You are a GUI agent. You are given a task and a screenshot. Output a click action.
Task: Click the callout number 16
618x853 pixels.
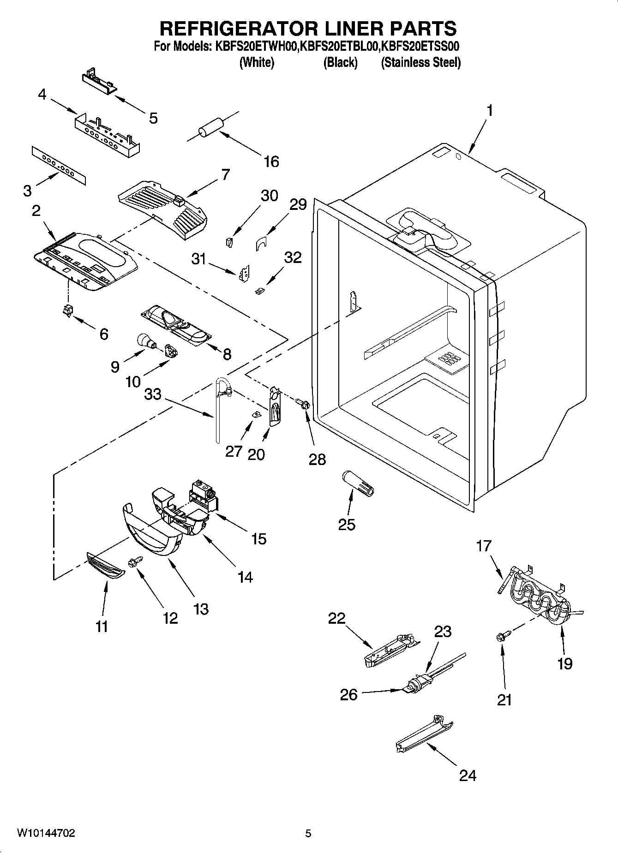[x=271, y=161]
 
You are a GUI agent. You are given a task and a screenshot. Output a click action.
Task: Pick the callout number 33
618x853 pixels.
[x=153, y=394]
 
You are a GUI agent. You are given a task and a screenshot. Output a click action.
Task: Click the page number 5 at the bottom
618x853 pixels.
[x=308, y=833]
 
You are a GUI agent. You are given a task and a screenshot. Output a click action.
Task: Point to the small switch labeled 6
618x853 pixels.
[x=68, y=310]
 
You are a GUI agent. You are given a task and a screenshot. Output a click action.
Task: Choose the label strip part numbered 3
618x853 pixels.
[x=59, y=165]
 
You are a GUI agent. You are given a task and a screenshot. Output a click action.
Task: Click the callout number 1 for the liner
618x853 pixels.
[x=490, y=111]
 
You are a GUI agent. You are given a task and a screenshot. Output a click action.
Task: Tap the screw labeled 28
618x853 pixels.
[x=303, y=404]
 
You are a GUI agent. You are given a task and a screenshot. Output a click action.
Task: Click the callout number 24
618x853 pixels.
[x=467, y=775]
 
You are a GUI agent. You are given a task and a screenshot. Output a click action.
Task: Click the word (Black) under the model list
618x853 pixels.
[x=341, y=63]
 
